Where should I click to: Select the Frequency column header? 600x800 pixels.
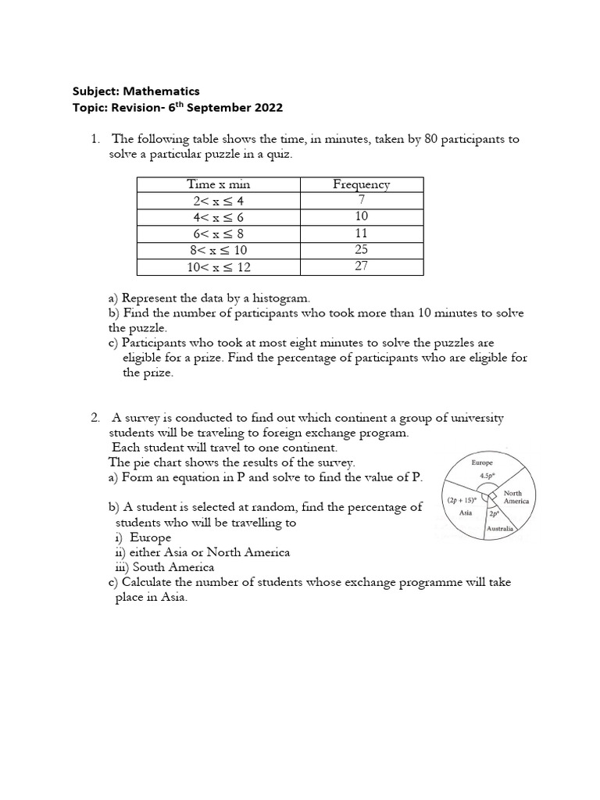point(361,184)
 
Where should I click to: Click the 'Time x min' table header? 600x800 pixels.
point(218,184)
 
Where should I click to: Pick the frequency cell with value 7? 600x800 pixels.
point(361,200)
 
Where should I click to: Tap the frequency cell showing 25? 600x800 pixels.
point(361,250)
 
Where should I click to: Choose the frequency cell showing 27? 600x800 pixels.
point(361,266)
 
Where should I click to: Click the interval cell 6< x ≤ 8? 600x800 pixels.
point(218,234)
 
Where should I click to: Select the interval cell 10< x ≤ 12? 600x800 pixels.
point(218,267)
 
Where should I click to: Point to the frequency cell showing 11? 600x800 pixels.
point(361,234)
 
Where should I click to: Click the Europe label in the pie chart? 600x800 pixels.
point(482,462)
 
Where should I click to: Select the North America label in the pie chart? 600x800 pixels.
point(514,497)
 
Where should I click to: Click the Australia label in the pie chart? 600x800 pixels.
point(501,529)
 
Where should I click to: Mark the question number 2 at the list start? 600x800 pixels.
point(95,418)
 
